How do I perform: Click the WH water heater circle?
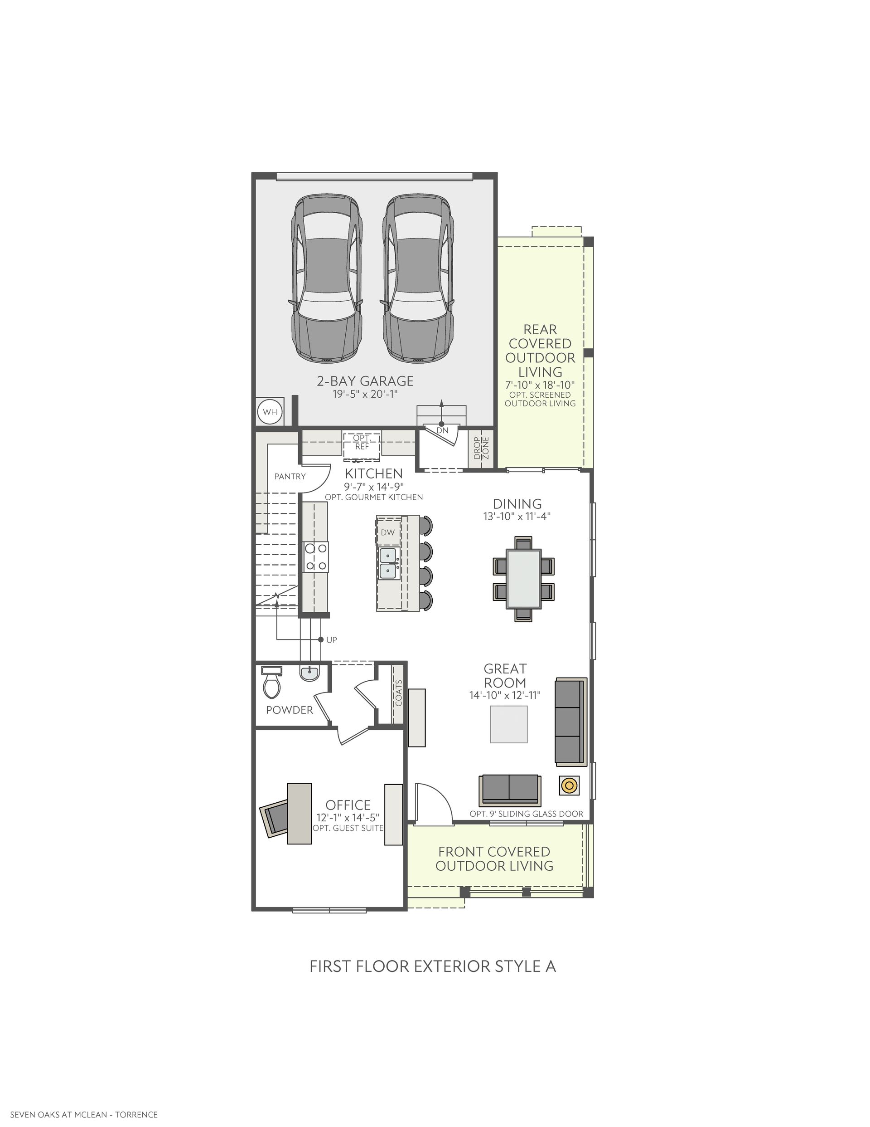270,412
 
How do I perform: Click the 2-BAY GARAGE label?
365,381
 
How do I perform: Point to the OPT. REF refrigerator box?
362,445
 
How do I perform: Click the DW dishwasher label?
388,532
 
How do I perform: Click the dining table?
523,578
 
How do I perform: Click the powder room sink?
309,673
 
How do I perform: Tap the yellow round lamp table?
569,785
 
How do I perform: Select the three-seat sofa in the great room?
571,722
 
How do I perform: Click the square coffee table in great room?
508,725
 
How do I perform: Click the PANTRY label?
290,476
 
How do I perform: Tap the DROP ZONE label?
481,448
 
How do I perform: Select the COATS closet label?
398,693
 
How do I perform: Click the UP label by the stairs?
332,640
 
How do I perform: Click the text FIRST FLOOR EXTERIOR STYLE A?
433,966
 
